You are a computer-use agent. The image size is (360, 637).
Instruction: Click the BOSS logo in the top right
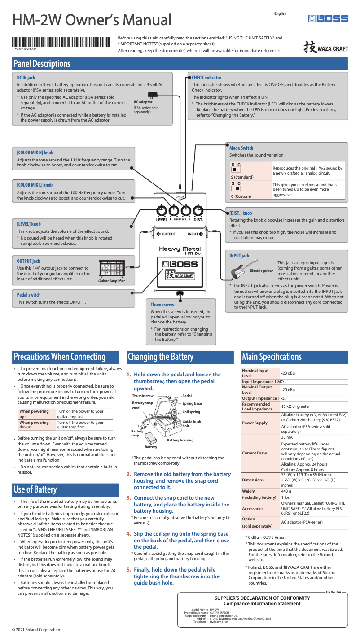point(328,18)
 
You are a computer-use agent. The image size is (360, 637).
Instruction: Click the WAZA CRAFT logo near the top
point(325,48)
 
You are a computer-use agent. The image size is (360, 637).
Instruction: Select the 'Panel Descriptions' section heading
point(42,64)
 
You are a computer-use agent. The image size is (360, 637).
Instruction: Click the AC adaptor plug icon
point(153,95)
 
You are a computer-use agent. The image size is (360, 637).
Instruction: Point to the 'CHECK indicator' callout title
point(206,78)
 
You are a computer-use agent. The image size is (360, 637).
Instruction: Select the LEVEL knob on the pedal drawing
point(161,211)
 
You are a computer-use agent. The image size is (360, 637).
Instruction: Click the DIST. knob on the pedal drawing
point(198,211)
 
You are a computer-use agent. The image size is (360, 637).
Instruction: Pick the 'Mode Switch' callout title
point(241,148)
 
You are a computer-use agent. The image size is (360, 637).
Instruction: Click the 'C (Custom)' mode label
point(241,196)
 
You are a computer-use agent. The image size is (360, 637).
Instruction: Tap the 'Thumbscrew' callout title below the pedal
point(162,305)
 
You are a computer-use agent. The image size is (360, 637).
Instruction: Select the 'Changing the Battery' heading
point(161,357)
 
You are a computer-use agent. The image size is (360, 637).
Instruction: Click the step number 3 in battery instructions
point(128,498)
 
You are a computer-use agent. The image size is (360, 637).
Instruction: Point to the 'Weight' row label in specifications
point(249,491)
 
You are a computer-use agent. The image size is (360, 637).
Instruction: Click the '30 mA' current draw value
point(287,437)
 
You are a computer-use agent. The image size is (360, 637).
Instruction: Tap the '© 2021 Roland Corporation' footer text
point(36,630)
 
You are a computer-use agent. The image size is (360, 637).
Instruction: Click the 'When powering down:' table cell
point(34,425)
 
